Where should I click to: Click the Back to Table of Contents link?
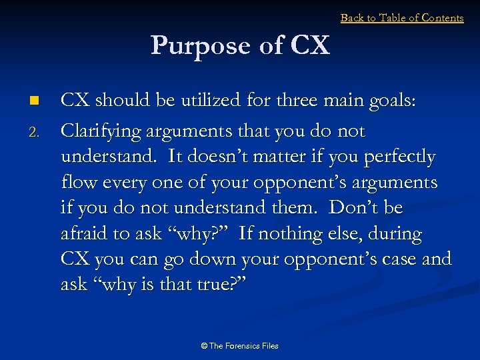[x=402, y=18]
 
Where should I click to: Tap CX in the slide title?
[x=310, y=45]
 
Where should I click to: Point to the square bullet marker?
[x=35, y=101]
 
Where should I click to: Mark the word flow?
[x=79, y=183]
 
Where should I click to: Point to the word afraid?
[x=85, y=234]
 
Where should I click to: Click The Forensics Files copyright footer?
[x=240, y=345]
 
